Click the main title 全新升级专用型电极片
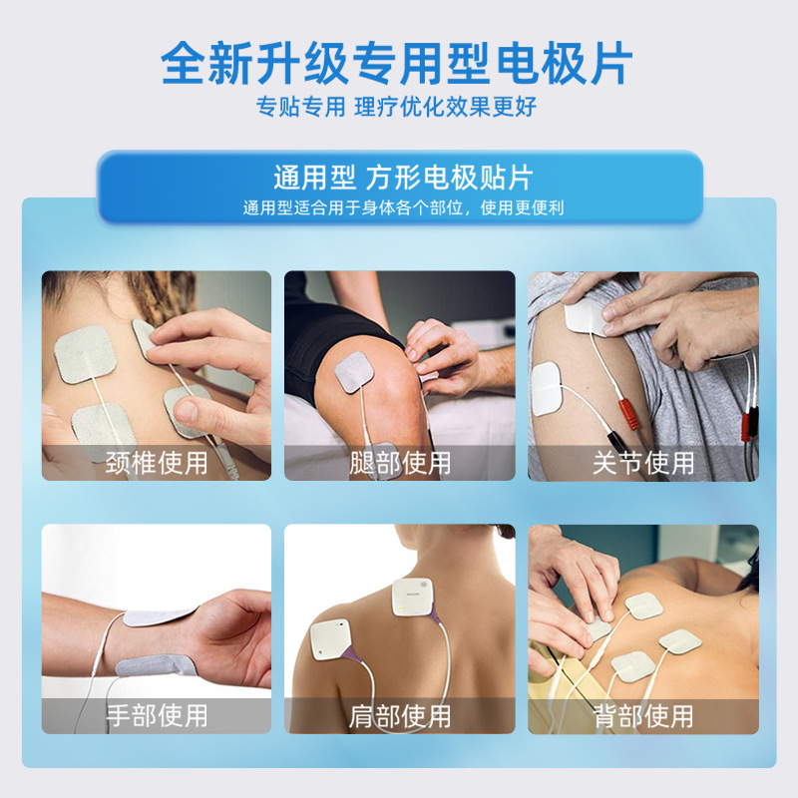point(398,63)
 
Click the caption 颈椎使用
point(157,463)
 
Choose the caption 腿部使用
point(400,463)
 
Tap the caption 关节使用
point(643,463)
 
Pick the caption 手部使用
point(157,715)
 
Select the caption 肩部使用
point(400,715)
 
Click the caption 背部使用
point(643,715)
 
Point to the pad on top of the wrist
point(160,618)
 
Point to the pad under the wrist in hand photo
point(155,666)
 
